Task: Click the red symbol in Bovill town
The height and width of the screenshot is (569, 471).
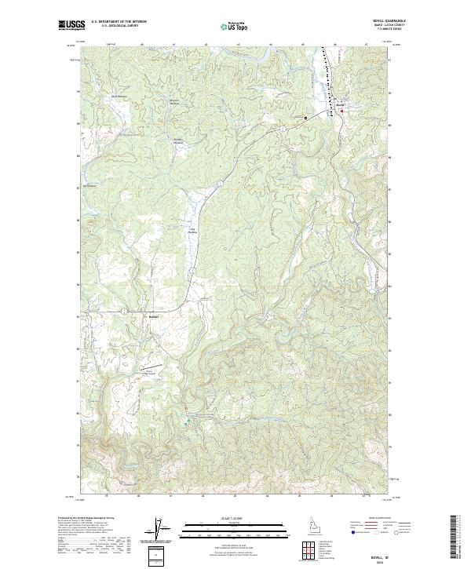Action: (342, 111)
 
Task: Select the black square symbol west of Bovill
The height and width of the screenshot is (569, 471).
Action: (306, 118)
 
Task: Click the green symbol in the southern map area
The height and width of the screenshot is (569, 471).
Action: (187, 422)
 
